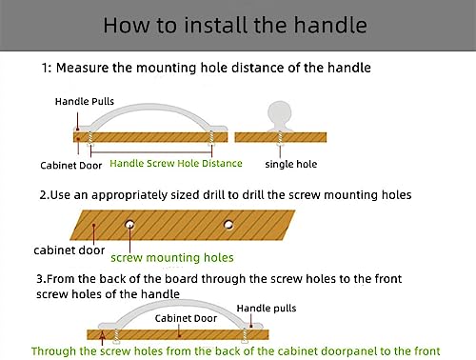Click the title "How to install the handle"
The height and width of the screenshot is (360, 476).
235,26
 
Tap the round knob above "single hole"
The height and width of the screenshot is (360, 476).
280,111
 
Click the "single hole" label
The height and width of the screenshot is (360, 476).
291,164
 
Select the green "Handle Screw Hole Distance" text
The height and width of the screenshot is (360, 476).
176,163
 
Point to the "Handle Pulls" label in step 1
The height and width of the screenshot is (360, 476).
85,101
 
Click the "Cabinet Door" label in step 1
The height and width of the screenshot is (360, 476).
71,166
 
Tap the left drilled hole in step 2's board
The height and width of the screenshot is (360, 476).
129,225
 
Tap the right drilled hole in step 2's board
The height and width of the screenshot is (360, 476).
228,225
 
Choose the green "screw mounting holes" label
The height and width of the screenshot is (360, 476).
172,257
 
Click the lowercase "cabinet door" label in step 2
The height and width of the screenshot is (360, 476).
69,250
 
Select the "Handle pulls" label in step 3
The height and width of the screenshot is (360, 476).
267,309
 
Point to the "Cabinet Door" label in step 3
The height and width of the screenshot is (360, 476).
186,318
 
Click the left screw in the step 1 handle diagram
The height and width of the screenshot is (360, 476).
90,138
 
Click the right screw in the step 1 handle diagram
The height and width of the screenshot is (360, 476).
211,138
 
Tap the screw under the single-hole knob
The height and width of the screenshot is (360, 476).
280,138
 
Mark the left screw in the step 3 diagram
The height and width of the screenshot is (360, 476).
115,336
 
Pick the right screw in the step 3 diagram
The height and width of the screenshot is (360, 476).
245,336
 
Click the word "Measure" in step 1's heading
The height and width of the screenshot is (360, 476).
83,68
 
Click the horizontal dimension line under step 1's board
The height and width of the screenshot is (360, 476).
151,152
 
